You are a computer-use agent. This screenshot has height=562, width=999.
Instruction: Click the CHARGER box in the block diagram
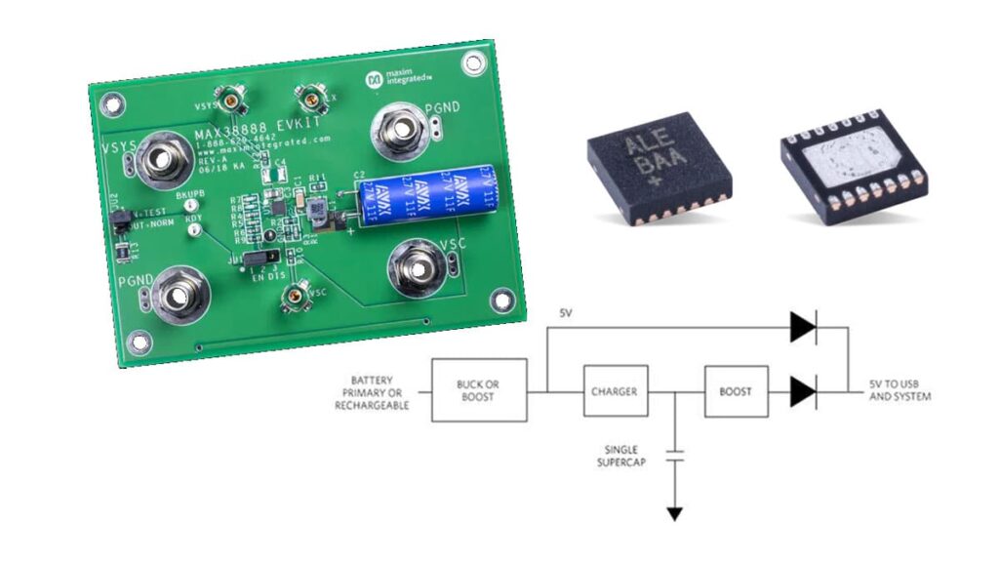pos(614,392)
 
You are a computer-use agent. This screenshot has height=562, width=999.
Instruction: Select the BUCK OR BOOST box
pos(479,391)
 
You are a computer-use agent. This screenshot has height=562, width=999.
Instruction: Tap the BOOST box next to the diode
pos(736,392)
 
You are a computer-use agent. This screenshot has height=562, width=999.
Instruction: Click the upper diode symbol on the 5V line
pos(802,329)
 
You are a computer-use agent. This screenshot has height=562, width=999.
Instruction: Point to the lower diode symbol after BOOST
pos(802,392)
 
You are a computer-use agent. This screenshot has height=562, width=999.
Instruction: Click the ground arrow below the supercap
pos(673,512)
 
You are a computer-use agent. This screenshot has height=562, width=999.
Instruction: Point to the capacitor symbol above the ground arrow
pos(673,453)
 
